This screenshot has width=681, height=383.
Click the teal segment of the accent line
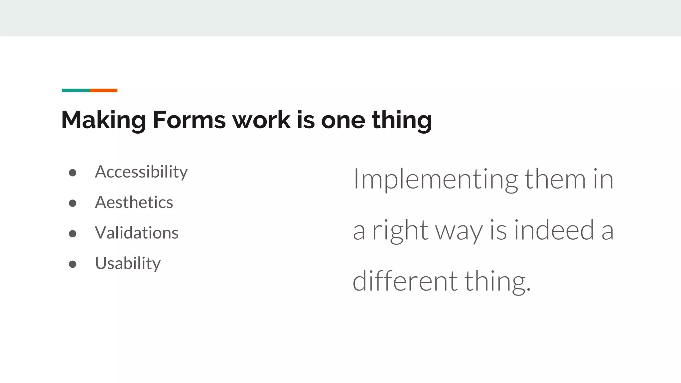[75, 90]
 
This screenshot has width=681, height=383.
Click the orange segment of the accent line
[103, 90]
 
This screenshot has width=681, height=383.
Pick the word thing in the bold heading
[402, 120]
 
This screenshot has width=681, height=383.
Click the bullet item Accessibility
[141, 172]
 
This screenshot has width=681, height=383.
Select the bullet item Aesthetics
[134, 202]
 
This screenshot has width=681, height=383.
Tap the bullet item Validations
[137, 233]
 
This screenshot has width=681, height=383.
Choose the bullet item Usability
[128, 264]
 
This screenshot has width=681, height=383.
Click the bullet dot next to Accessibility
[72, 173]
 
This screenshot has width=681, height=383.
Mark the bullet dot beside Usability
[72, 264]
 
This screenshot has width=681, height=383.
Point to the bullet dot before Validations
[72, 234]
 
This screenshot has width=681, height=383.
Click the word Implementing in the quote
[435, 180]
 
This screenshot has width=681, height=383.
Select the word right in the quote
[400, 231]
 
